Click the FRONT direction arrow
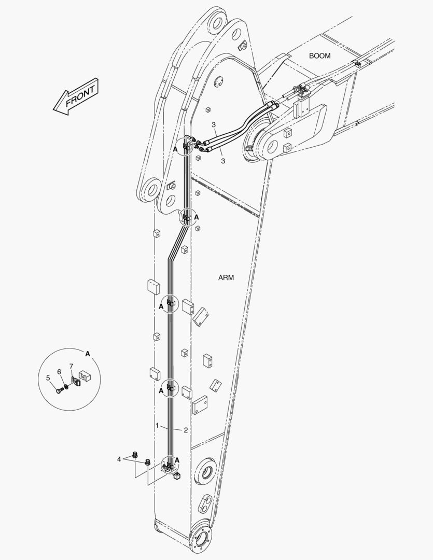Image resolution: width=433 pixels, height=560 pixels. (x=76, y=97)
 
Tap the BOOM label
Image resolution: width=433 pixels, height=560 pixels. (x=320, y=55)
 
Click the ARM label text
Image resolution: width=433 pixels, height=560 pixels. (x=226, y=277)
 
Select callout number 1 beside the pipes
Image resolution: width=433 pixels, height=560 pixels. (x=157, y=425)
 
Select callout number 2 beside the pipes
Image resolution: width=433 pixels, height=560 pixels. (x=186, y=430)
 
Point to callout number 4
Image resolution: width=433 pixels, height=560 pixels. (x=119, y=459)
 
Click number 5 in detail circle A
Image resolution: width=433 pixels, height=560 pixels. (x=48, y=377)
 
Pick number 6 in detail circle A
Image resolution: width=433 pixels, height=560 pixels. (x=59, y=372)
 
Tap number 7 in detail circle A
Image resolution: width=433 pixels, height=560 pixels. (x=72, y=366)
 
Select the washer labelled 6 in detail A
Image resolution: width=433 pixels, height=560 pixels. (x=66, y=387)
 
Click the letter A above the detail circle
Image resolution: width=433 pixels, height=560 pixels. (x=88, y=354)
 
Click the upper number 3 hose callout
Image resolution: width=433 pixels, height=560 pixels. (x=214, y=124)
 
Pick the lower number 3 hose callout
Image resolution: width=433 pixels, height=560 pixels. (x=223, y=161)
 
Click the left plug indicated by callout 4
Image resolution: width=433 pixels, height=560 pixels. (x=135, y=455)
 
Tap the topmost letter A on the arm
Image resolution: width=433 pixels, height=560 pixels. (x=175, y=149)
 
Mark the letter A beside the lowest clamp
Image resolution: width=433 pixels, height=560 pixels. (x=177, y=460)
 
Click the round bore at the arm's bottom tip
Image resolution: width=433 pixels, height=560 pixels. (x=201, y=539)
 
